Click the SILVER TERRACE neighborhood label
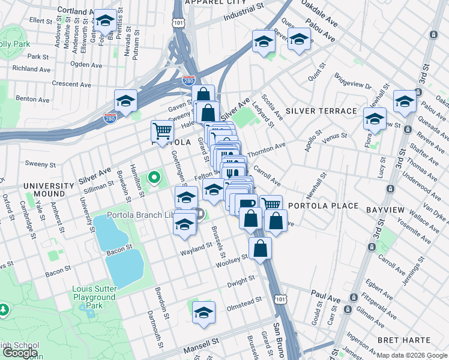321,112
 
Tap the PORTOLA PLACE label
324,206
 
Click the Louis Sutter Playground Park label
94,297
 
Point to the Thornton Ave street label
266,149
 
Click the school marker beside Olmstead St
204,313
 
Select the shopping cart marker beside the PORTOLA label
162,130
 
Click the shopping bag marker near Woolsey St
260,248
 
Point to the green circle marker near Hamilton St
154,177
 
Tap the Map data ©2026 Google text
412,355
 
